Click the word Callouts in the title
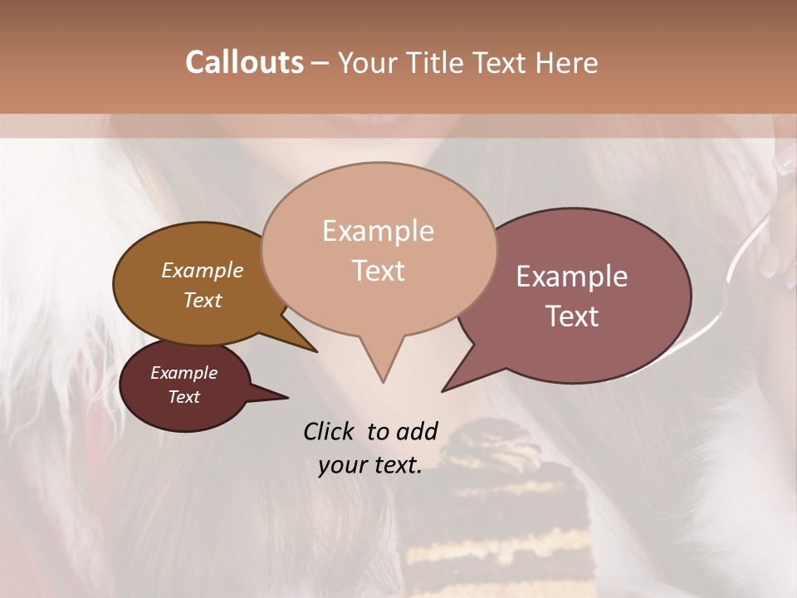(x=244, y=62)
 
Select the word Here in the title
(x=566, y=62)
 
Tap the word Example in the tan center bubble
(x=378, y=231)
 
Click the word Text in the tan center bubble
(x=378, y=271)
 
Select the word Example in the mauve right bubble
(x=572, y=277)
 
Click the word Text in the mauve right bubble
(x=572, y=316)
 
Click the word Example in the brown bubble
(x=202, y=270)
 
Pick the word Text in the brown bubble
(x=202, y=300)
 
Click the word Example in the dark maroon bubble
(x=183, y=373)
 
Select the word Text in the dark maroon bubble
(x=183, y=397)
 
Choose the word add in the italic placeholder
(x=417, y=431)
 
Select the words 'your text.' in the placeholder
(x=370, y=465)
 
